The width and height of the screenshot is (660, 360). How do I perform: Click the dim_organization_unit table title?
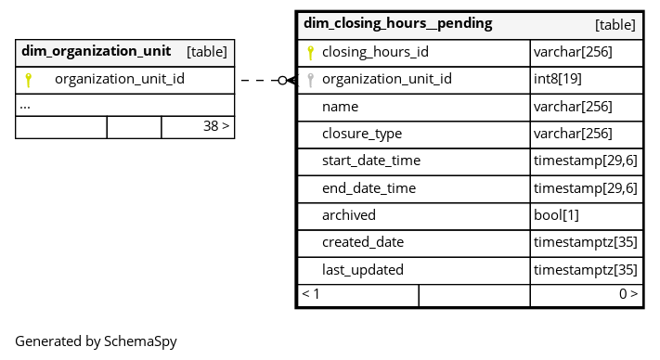click(96, 51)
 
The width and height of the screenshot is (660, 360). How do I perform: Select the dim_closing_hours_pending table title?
click(398, 23)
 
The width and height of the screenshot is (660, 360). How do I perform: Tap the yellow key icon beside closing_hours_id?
click(311, 53)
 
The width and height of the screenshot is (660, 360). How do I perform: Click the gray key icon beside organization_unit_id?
click(311, 80)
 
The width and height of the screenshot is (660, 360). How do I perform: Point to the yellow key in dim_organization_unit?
click(28, 80)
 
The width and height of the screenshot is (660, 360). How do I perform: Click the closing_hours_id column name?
click(375, 52)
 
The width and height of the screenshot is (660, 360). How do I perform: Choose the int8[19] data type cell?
click(558, 79)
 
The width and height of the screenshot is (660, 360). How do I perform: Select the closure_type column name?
click(362, 134)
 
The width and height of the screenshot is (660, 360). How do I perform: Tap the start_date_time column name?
click(371, 161)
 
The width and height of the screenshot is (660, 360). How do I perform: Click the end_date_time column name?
click(369, 188)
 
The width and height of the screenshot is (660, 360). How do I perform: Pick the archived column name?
click(349, 215)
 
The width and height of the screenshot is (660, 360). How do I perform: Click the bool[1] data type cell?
click(556, 215)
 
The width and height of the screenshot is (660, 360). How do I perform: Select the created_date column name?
click(363, 242)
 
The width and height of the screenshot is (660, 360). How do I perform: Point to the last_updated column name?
click(363, 270)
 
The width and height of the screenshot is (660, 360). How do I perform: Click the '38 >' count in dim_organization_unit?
click(216, 126)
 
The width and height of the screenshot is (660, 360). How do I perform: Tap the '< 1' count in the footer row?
click(311, 294)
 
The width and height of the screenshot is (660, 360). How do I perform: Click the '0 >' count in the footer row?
click(628, 294)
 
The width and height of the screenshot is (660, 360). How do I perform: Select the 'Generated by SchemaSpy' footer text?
click(96, 341)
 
